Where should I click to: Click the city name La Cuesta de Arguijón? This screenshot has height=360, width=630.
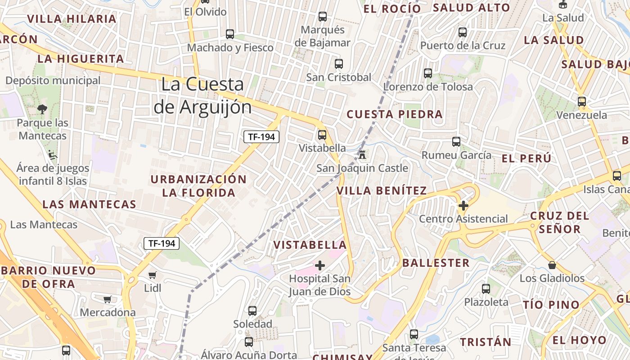(202, 95)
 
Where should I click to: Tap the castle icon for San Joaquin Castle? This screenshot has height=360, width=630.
(362, 155)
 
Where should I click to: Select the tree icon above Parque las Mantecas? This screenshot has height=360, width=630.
(42, 109)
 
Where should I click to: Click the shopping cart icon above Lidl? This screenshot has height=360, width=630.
(153, 274)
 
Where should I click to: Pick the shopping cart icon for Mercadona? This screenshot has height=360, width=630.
(108, 299)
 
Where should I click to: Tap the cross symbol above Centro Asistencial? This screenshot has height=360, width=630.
(463, 206)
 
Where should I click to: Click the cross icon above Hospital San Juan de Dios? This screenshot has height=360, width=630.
(319, 265)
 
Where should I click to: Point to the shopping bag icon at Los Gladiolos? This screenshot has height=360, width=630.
(552, 265)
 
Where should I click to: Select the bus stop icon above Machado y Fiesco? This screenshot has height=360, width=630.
(230, 34)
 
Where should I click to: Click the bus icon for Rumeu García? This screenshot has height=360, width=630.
(456, 142)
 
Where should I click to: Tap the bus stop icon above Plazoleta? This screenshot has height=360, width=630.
(486, 289)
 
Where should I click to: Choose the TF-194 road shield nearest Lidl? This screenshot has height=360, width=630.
(162, 243)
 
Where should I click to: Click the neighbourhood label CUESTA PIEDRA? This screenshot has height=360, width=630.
(395, 114)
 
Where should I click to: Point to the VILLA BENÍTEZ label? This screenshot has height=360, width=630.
(382, 191)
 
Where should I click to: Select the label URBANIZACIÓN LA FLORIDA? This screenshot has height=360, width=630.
(198, 186)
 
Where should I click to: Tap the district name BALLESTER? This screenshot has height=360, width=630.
(436, 263)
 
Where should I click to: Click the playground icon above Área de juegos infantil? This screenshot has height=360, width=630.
(53, 155)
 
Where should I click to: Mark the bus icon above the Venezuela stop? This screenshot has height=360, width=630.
(582, 102)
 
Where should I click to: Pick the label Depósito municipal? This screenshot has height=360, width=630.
(53, 81)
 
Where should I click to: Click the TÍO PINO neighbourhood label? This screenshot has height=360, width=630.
(551, 305)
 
